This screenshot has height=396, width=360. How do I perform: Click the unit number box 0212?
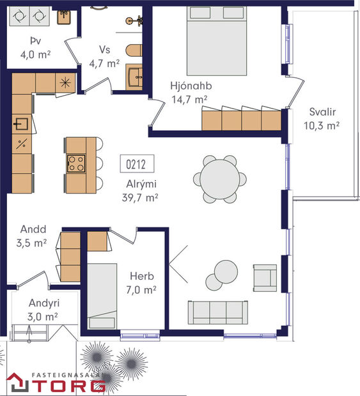[x=136, y=164]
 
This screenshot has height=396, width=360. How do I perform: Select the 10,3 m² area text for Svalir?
[x=320, y=126]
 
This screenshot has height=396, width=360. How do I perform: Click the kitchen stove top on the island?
[x=76, y=164]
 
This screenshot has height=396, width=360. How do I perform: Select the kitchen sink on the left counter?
[x=21, y=125]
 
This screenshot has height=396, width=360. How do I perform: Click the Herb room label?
[x=141, y=277]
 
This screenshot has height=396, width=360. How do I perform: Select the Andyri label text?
[x=43, y=304]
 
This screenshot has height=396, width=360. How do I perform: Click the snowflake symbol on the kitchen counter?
[x=65, y=83]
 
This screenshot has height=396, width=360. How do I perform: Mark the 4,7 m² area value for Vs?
[x=105, y=63]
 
